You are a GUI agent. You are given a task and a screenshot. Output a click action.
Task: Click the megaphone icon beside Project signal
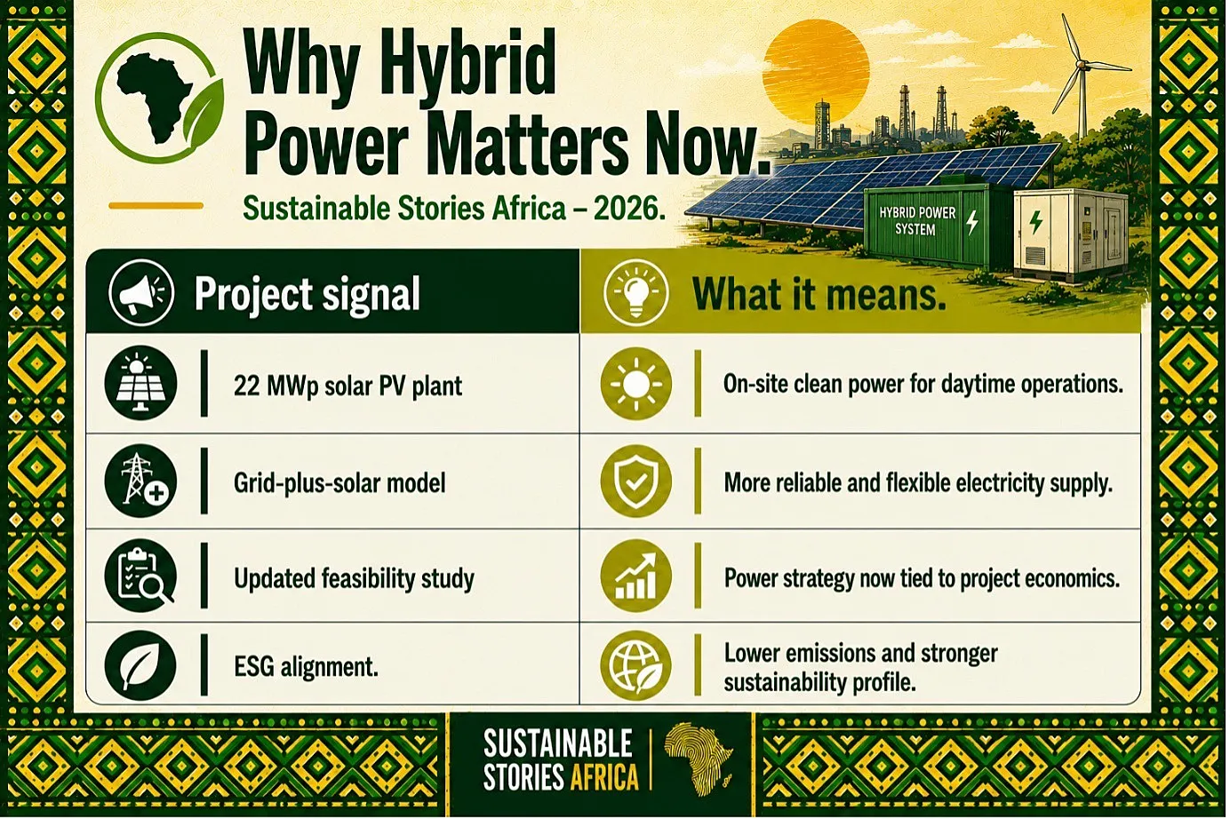click(x=141, y=292)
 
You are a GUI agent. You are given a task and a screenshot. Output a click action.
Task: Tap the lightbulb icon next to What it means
click(x=635, y=292)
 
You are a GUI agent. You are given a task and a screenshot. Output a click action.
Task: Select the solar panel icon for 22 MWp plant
click(x=140, y=383)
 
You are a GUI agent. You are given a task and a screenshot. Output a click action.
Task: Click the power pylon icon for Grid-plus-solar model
click(x=140, y=481)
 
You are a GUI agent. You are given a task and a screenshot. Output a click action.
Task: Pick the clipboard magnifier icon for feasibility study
click(x=140, y=576)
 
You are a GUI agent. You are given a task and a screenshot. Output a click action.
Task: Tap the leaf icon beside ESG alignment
click(x=140, y=664)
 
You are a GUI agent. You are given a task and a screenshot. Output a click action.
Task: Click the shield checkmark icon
click(x=635, y=481)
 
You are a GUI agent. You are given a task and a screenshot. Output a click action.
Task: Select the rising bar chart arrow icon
click(x=635, y=576)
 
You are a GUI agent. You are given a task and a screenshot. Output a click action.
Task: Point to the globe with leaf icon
click(x=635, y=665)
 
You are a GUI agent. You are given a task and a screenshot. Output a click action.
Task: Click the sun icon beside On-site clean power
click(x=635, y=384)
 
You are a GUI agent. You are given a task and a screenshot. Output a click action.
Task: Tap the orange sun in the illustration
click(x=816, y=71)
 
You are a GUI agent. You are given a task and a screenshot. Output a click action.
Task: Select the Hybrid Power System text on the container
click(x=917, y=220)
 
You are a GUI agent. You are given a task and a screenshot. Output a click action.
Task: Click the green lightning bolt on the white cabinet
click(x=1035, y=221)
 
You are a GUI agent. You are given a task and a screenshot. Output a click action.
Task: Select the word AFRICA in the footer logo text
click(x=604, y=777)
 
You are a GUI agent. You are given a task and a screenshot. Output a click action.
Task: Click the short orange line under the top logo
click(x=156, y=206)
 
